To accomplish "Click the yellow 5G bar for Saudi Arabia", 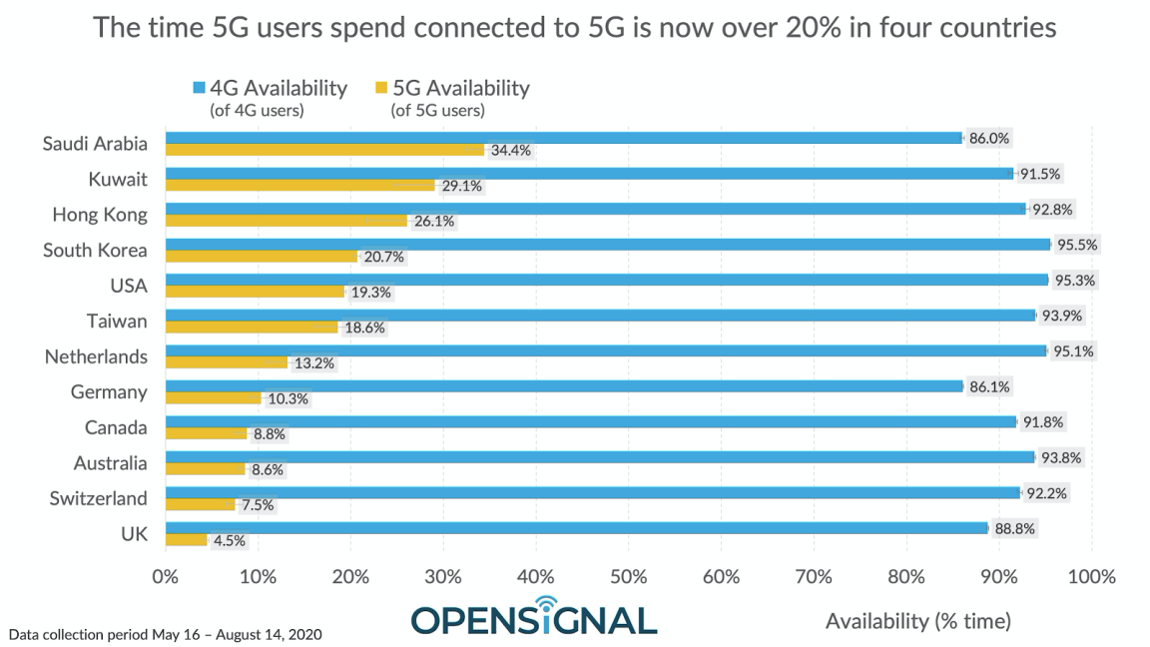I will [324, 150].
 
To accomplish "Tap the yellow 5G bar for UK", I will [186, 540].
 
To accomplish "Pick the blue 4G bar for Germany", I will [564, 386].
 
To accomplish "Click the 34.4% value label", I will [509, 151].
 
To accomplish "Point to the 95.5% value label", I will [1075, 245].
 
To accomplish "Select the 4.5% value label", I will [228, 541].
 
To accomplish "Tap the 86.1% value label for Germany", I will [988, 386].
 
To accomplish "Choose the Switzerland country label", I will [98, 498].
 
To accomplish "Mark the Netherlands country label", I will [96, 356].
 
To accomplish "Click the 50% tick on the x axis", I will [628, 576].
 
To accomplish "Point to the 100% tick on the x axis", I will [1090, 576].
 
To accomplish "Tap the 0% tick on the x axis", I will [165, 576].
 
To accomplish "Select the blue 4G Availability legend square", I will [199, 89].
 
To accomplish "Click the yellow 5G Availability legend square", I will [380, 89].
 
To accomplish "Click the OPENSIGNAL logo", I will [534, 616].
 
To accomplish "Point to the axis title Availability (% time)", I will [917, 621].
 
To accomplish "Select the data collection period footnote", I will [165, 634].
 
